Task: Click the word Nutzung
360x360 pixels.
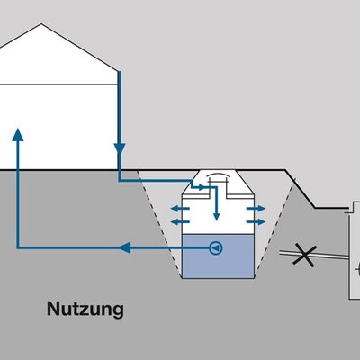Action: click(85, 309)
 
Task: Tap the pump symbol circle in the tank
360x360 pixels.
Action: click(216, 248)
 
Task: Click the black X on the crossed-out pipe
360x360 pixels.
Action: click(304, 256)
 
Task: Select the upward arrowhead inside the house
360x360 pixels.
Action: click(18, 135)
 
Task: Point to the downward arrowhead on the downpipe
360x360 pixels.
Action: click(120, 149)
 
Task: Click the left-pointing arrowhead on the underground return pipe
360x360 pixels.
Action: click(125, 247)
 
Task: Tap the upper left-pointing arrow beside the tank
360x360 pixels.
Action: click(180, 209)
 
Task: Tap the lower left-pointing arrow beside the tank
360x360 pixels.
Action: click(180, 222)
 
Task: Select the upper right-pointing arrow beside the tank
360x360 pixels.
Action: click(256, 209)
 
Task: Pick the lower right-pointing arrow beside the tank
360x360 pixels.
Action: click(256, 222)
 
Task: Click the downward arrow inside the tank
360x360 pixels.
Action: click(216, 204)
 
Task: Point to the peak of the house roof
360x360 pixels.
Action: click(41, 24)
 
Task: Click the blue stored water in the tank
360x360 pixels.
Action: click(218, 256)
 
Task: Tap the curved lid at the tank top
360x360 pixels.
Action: click(218, 175)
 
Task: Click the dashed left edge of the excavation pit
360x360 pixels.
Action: click(160, 223)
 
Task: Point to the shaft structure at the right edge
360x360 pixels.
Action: click(355, 250)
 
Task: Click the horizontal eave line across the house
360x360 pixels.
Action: click(58, 85)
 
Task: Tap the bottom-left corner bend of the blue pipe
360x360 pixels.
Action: click(18, 247)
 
